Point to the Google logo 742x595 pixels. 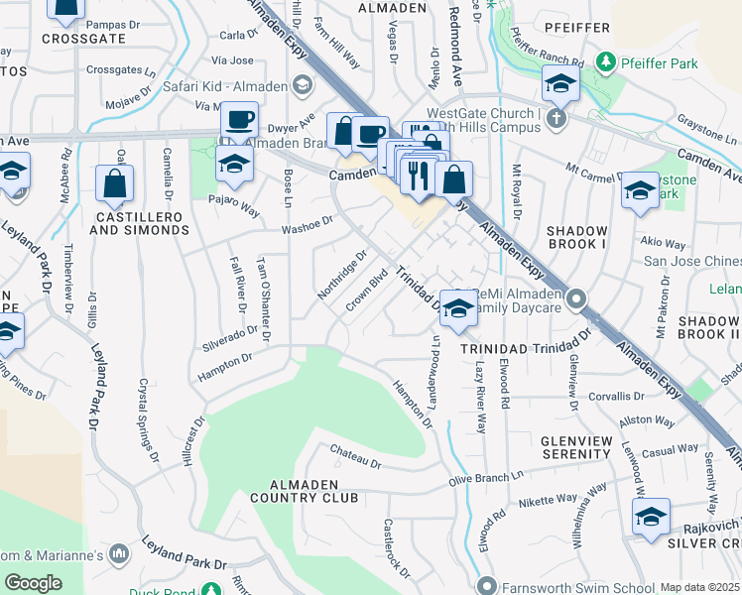(x=33, y=582)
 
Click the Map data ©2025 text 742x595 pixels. (x=699, y=587)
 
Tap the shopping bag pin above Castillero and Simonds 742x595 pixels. (x=114, y=183)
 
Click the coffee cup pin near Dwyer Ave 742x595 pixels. (x=240, y=121)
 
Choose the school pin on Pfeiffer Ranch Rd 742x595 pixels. (x=560, y=84)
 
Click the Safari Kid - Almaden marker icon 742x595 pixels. (x=301, y=87)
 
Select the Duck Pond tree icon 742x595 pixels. (x=211, y=590)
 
